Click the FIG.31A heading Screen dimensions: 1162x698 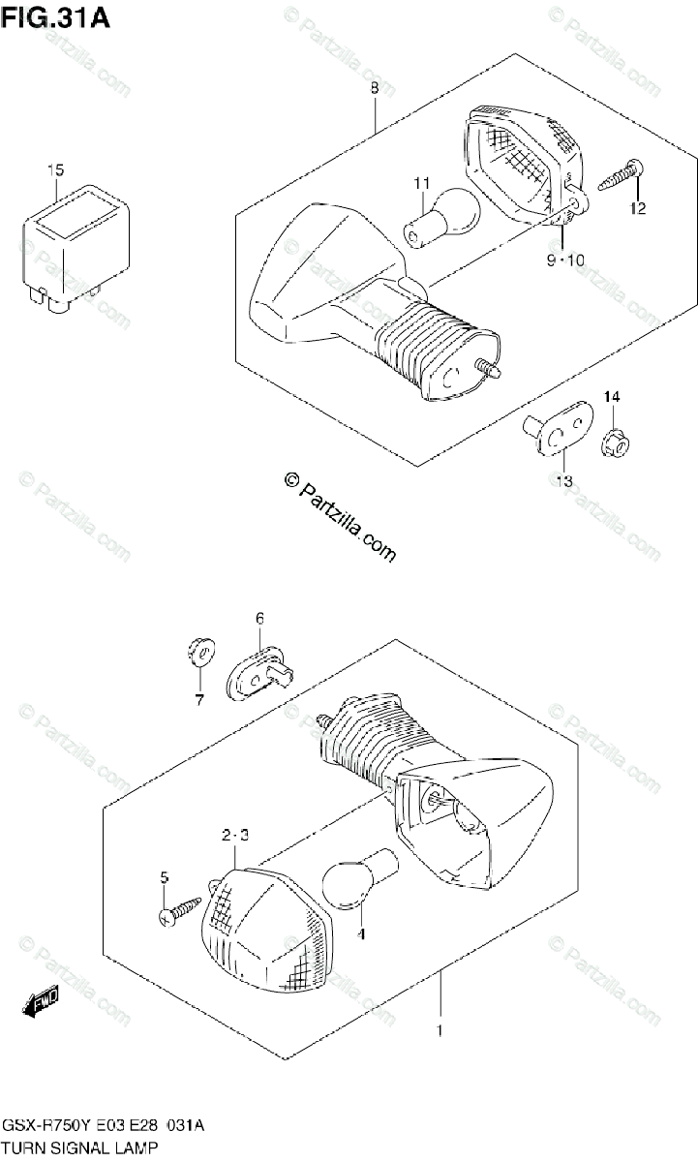[55, 18]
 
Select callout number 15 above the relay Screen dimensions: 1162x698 [55, 171]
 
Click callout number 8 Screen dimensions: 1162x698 [374, 89]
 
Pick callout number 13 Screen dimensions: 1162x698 [563, 481]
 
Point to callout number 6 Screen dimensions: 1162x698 [259, 618]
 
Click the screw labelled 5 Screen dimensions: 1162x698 [179, 911]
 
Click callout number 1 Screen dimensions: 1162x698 [440, 1032]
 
